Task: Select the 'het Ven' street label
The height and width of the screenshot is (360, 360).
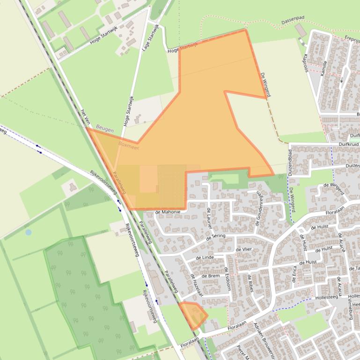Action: [x=85, y=117]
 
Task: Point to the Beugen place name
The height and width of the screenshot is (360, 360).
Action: [x=105, y=128]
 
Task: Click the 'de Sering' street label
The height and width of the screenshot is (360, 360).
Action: [x=215, y=238]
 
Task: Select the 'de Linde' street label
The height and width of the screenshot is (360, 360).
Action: [x=205, y=258]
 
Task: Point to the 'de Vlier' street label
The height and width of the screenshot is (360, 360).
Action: [x=244, y=249]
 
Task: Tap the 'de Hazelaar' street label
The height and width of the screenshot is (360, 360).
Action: [x=196, y=286]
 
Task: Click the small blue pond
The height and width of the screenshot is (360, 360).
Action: [x=29, y=232]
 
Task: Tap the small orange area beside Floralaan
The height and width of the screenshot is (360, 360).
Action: [x=193, y=314]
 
